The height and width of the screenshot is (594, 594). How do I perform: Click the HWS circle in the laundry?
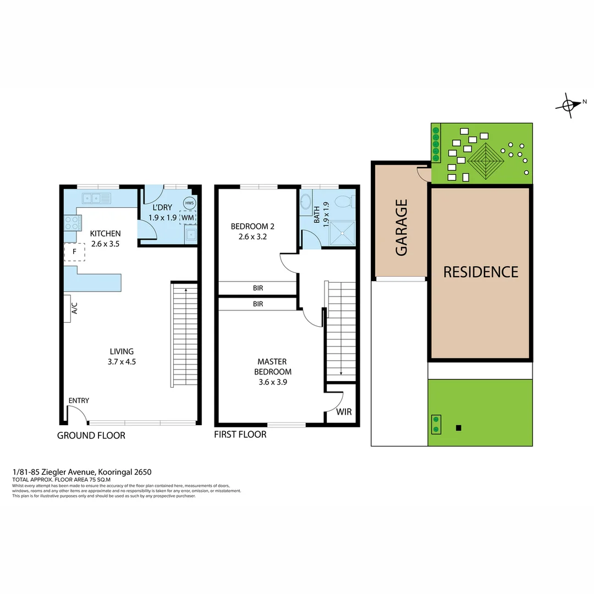(189, 203)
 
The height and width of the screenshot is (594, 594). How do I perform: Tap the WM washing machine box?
(188, 217)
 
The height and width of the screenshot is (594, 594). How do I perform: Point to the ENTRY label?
(79, 400)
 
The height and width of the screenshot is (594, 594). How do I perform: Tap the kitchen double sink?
(97, 198)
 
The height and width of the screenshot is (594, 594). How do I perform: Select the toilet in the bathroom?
(345, 202)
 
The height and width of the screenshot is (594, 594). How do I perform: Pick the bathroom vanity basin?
(306, 202)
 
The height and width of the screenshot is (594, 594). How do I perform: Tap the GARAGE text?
(402, 227)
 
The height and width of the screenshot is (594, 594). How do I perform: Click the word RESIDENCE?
(481, 272)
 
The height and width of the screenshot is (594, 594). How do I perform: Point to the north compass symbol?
(570, 103)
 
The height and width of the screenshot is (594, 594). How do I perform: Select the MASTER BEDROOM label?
(273, 367)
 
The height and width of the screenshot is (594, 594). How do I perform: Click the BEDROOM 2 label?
(252, 232)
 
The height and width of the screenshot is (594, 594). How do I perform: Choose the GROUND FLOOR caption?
(91, 436)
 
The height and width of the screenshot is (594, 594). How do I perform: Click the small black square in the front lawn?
(459, 428)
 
